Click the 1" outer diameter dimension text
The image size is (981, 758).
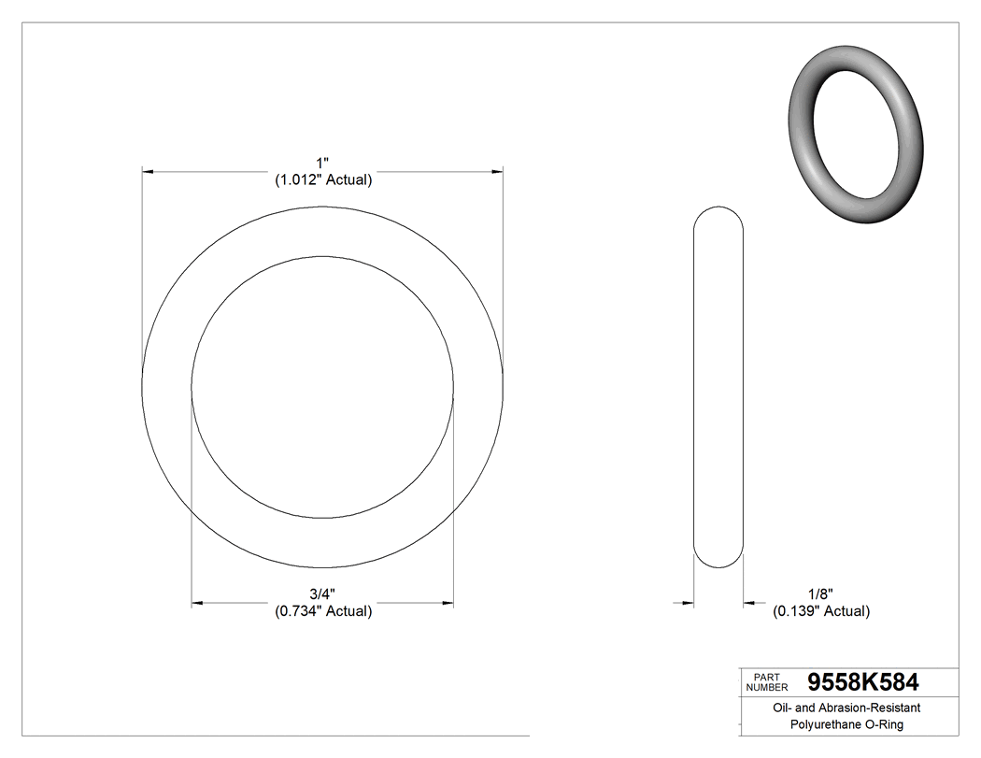click(x=322, y=164)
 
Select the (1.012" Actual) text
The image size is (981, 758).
click(x=323, y=180)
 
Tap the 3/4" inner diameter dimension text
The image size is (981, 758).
click(x=322, y=594)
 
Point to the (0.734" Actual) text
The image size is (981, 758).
click(x=323, y=611)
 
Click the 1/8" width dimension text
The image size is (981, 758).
click(x=820, y=594)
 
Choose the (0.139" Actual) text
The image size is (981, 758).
click(x=820, y=611)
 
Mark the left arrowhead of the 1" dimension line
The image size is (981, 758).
click(x=147, y=172)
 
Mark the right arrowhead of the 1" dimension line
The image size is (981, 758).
click(x=498, y=172)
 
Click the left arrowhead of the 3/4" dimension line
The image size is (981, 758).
click(x=197, y=604)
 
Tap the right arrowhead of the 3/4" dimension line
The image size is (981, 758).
click(x=448, y=604)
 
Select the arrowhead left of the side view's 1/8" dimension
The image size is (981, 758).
click(x=689, y=604)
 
